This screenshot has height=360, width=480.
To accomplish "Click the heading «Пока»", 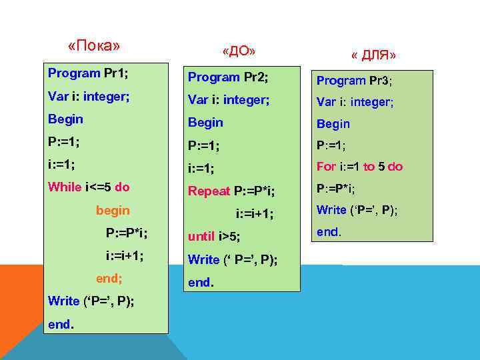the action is coord(94,46).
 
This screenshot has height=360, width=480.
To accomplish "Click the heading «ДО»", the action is coord(239,51).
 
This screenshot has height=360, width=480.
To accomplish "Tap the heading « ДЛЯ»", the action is coord(373,55).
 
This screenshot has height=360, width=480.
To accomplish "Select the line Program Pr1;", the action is coord(88,72).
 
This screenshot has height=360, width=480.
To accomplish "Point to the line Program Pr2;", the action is coord(228,77).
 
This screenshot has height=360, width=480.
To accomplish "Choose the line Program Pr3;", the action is coord(354,81).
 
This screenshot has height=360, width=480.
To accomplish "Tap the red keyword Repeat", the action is coord(209,191).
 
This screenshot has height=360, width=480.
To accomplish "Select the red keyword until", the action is coord(201,236).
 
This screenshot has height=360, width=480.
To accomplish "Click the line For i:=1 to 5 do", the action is coord(359,167).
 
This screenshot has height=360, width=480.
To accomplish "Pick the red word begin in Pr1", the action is coord(113,211).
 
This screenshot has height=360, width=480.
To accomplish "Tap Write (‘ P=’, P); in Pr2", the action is coord(233,259).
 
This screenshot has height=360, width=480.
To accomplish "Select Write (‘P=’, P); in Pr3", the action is coord(357,210).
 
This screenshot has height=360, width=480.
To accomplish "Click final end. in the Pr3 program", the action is coord(329,232).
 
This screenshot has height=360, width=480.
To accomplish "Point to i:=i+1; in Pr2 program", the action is coord(255,214).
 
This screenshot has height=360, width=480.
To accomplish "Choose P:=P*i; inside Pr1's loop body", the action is coord(127,233).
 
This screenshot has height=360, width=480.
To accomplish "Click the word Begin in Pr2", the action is coord(205,123).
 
